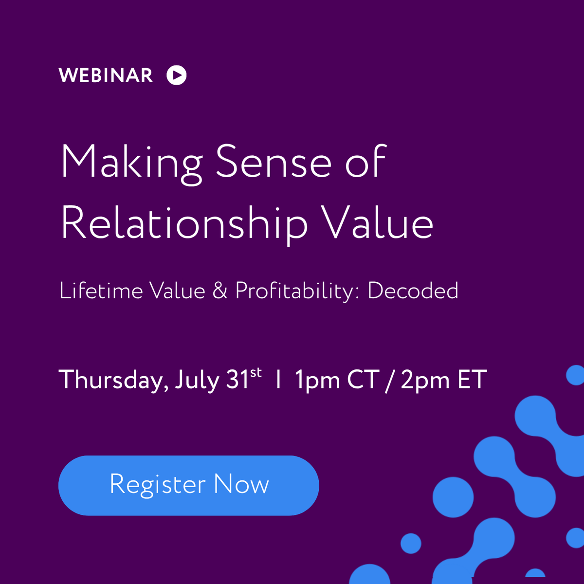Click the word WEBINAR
106,75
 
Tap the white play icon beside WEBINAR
176,75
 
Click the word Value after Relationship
378,223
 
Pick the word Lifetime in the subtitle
100,291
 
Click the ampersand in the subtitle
220,291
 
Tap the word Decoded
413,291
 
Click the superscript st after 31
256,373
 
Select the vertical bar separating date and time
278,380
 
